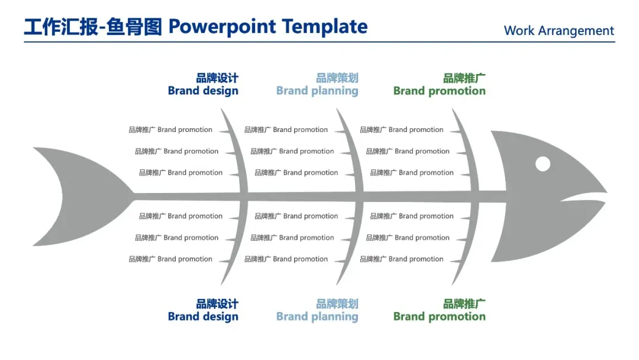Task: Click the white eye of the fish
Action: [543, 164]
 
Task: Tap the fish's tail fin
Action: [71, 195]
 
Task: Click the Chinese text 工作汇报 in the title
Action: [60, 27]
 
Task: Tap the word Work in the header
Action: [519, 31]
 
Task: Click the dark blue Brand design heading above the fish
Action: [203, 91]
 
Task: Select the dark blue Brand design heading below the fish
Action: [203, 317]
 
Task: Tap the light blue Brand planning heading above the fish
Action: [317, 91]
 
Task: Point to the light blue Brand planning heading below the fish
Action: [317, 317]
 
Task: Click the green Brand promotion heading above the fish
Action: [439, 91]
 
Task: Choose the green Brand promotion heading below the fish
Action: [439, 317]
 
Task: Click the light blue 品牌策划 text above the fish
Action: [337, 78]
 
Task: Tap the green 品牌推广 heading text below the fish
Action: [464, 304]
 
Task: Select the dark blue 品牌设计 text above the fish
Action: [217, 78]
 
